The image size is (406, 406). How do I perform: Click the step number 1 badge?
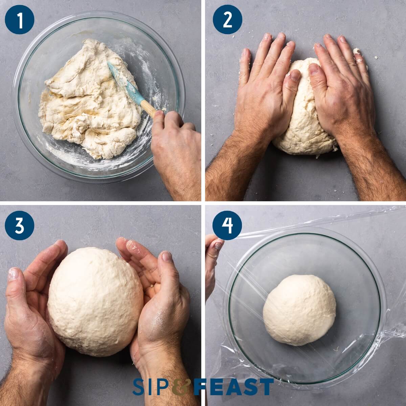20,19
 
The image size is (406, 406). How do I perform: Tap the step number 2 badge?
227,19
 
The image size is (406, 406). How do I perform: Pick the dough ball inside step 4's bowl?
299,310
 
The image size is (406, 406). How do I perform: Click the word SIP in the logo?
151,387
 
